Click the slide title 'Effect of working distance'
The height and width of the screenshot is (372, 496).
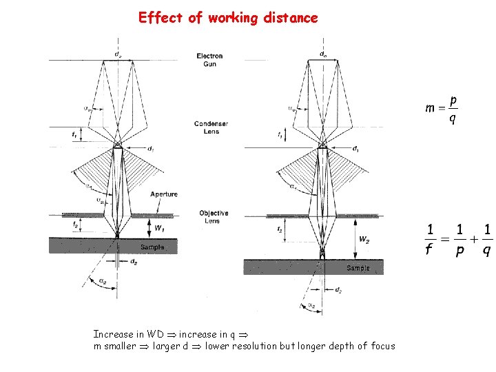point(228,18)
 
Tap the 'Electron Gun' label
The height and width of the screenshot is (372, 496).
point(209,60)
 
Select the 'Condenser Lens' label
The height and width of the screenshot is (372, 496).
point(211,127)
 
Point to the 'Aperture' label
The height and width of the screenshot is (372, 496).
point(163,194)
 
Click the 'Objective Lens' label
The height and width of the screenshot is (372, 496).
point(214,217)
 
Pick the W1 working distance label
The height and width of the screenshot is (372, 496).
point(159,228)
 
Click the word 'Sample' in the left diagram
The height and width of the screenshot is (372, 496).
point(152,247)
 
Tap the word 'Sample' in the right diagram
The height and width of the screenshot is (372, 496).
point(358,268)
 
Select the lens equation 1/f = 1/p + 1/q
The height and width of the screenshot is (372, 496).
point(458,239)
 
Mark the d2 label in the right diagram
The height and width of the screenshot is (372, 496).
point(338,289)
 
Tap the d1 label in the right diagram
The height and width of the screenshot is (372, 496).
point(355,148)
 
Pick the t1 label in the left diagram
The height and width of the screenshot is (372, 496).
point(74,136)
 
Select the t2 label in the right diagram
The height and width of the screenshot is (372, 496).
point(279,229)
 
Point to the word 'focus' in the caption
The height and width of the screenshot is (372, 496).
point(382,346)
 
